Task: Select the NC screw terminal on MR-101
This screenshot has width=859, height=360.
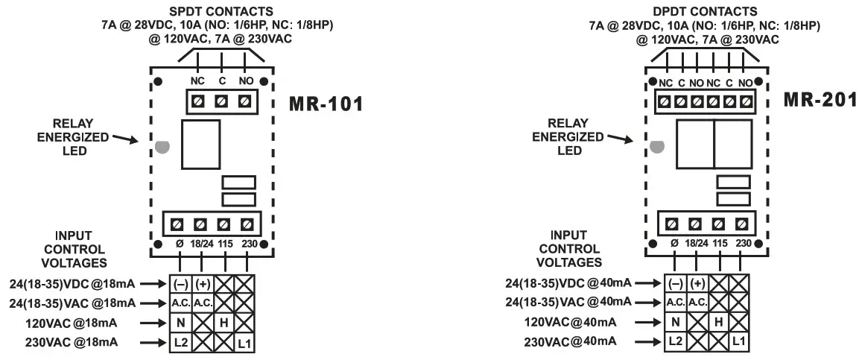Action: coord(199,100)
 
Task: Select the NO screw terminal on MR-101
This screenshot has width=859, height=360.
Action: coord(244,100)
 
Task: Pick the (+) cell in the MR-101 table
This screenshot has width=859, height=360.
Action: coord(202,284)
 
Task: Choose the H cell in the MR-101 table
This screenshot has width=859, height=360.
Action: coord(224,323)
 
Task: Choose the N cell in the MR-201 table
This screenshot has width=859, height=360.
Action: coord(675,322)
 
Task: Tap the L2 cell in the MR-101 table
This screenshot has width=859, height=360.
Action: coord(180,342)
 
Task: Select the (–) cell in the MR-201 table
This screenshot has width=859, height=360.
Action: coord(675,283)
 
